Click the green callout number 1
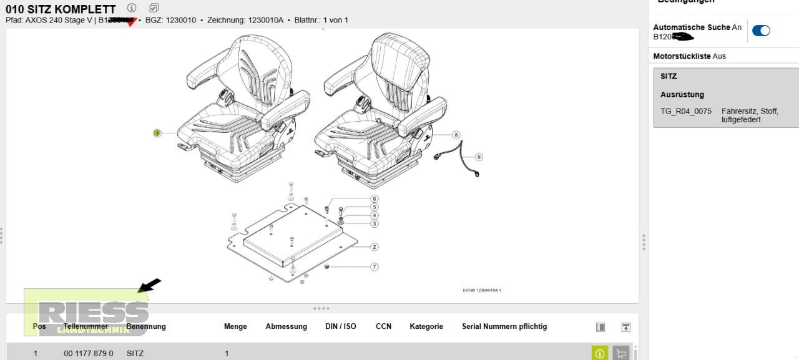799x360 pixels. click(157, 133)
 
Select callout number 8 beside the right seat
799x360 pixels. click(456, 135)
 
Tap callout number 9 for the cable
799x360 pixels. click(479, 157)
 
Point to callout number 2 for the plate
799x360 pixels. click(375, 247)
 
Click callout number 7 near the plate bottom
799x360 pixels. click(375, 267)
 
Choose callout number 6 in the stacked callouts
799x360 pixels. click(375, 199)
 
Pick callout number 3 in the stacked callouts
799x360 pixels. click(375, 223)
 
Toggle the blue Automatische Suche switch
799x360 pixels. click(761, 31)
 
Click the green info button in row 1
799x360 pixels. click(599, 353)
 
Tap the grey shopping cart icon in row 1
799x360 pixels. click(620, 353)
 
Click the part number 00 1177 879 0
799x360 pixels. click(89, 353)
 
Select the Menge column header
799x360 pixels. click(235, 326)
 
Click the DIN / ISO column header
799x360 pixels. click(341, 326)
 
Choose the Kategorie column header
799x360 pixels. click(426, 326)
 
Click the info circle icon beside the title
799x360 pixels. click(132, 8)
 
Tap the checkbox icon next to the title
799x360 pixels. click(154, 8)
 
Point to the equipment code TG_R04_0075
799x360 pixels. click(686, 112)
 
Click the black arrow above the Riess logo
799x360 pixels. click(149, 285)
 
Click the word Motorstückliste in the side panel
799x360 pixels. click(682, 56)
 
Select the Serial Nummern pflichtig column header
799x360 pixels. click(504, 326)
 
